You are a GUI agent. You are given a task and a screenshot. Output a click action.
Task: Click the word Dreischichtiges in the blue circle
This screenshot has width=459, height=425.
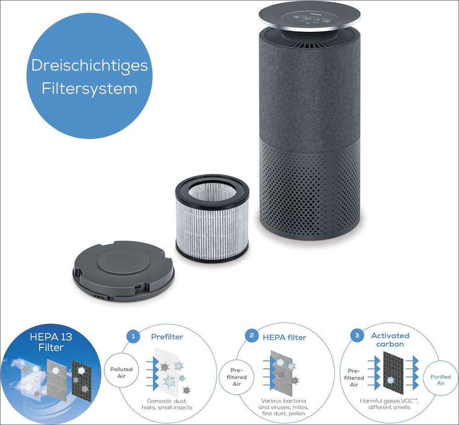click(90, 65)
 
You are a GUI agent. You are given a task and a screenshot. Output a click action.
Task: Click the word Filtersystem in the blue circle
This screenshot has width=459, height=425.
click(90, 88)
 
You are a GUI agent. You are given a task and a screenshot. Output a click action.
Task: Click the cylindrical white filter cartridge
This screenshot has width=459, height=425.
click(212, 218)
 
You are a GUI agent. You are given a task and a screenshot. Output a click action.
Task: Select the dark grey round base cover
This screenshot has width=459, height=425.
click(123, 270)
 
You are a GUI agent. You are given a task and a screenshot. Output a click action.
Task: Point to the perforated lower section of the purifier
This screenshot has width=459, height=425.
click(310, 188)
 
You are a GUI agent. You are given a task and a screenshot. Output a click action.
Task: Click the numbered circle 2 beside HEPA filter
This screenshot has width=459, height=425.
click(251, 336)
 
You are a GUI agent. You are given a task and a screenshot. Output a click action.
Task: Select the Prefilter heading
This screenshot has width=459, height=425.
click(167, 337)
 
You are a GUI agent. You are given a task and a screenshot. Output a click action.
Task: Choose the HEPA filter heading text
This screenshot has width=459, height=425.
click(284, 337)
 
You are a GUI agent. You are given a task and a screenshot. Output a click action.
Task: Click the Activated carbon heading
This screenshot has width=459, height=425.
click(390, 340)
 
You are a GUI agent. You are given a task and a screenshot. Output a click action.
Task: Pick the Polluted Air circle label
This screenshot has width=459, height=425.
click(121, 372)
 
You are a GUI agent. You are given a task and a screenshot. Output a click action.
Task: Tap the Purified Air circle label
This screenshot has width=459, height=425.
click(440, 380)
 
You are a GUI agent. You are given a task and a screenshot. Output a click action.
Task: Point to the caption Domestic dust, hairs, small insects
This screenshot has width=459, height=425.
click(167, 404)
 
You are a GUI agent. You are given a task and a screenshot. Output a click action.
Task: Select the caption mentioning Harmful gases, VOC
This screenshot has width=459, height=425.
click(389, 404)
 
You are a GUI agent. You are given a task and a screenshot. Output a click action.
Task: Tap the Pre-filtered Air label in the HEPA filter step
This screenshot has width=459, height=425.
click(236, 377)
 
